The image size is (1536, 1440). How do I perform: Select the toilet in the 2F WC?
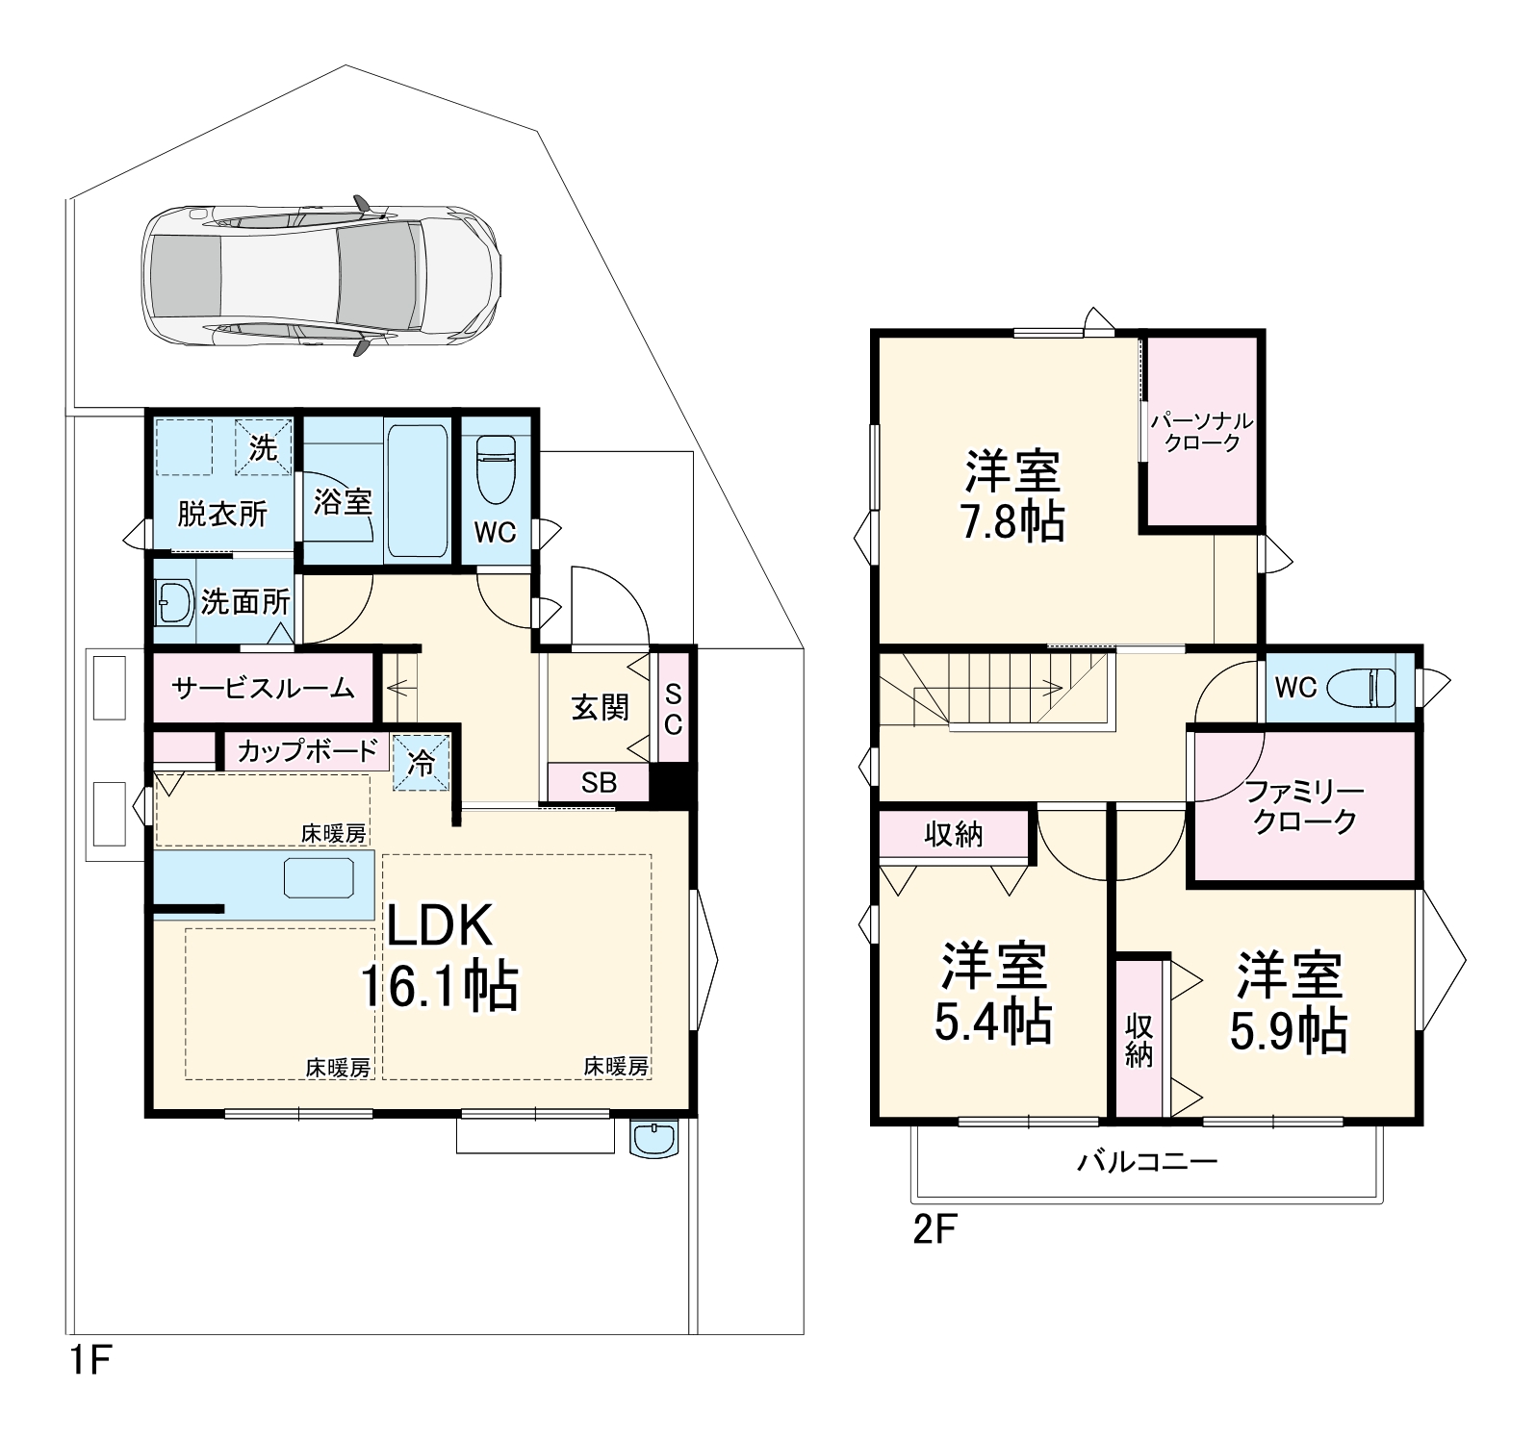1361,688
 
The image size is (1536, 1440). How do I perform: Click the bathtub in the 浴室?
417,491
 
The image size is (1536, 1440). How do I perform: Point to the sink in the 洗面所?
174,603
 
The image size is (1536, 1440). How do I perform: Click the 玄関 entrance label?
600,708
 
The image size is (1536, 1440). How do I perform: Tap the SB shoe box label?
599,783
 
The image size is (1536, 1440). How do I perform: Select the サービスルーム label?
263,688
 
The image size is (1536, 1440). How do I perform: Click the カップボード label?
306,751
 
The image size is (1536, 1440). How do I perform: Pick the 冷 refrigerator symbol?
422,763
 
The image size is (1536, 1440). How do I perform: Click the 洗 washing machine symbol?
263,447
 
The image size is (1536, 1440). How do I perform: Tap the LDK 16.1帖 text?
440,956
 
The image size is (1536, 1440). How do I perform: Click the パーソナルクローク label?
1202,432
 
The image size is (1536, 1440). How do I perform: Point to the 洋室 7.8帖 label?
1012,496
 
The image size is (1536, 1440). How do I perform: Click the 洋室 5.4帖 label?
993,994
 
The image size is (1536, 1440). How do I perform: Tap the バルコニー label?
1147,1162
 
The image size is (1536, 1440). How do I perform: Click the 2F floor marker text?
934,1231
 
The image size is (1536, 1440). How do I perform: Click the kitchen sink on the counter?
319,878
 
